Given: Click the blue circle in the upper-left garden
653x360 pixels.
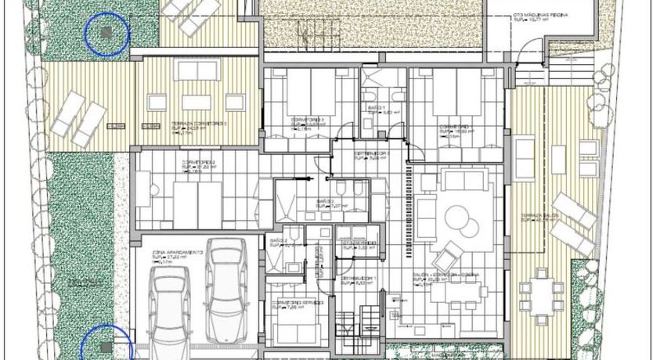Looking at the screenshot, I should [106, 34].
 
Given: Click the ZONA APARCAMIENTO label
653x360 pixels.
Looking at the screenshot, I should [178, 253].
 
